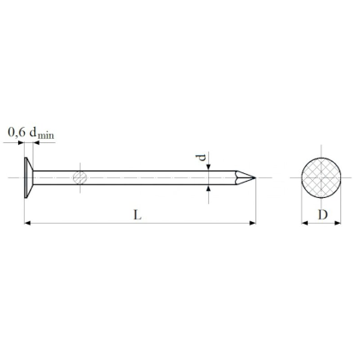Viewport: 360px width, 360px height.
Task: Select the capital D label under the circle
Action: [321, 214]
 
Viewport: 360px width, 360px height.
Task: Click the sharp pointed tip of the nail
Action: [254, 177]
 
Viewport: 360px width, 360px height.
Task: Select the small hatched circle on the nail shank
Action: [80, 177]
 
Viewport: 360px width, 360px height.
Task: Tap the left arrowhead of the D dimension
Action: [303, 224]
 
